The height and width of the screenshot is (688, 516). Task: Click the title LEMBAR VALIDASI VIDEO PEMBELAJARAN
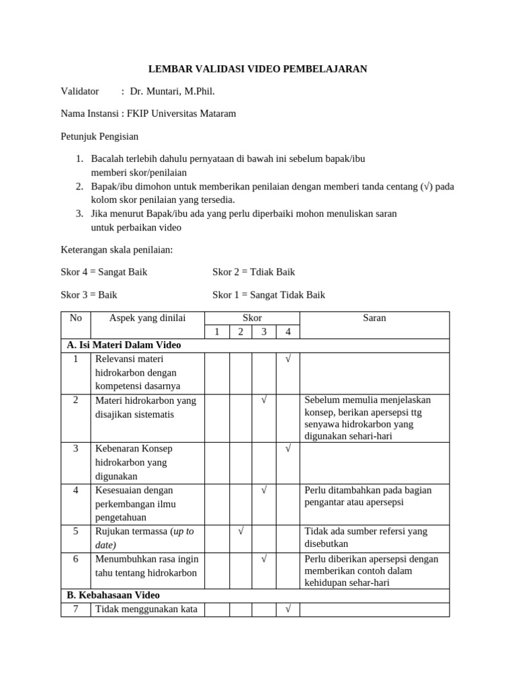click(x=257, y=69)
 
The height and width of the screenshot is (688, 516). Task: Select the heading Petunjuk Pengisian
click(x=99, y=136)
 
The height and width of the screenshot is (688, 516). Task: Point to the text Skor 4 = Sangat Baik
click(x=104, y=272)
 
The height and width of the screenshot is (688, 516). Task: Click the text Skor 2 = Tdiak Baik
click(x=253, y=272)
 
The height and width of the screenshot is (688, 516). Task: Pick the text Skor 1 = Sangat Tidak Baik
click(x=269, y=295)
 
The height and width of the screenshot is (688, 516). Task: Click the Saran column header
click(x=374, y=318)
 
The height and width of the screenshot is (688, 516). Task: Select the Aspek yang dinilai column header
click(x=147, y=318)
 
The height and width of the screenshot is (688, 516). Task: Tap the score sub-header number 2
click(x=241, y=332)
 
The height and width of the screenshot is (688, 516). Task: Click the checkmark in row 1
click(x=288, y=359)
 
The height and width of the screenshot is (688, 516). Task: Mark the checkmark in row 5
click(x=241, y=531)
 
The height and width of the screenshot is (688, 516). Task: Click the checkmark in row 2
click(x=264, y=400)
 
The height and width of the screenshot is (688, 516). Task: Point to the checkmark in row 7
click(x=288, y=609)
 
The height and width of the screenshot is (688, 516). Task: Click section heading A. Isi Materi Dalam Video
click(x=124, y=345)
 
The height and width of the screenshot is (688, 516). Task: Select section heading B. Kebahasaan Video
click(x=113, y=595)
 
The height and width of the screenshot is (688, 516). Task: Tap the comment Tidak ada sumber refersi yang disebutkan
click(x=365, y=537)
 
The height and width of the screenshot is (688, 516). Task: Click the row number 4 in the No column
click(x=76, y=490)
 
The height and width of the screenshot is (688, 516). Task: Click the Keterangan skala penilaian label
click(x=117, y=250)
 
